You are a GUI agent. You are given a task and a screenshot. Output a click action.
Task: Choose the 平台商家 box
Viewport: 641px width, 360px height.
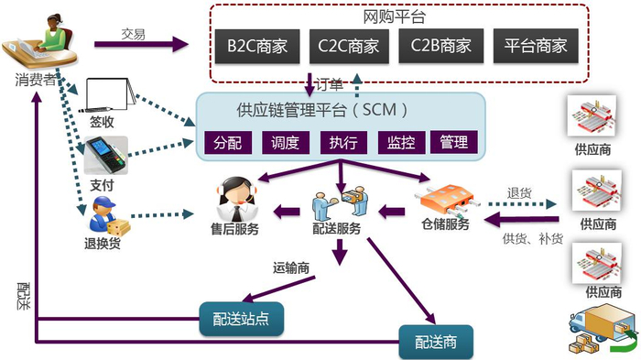point(535,44)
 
